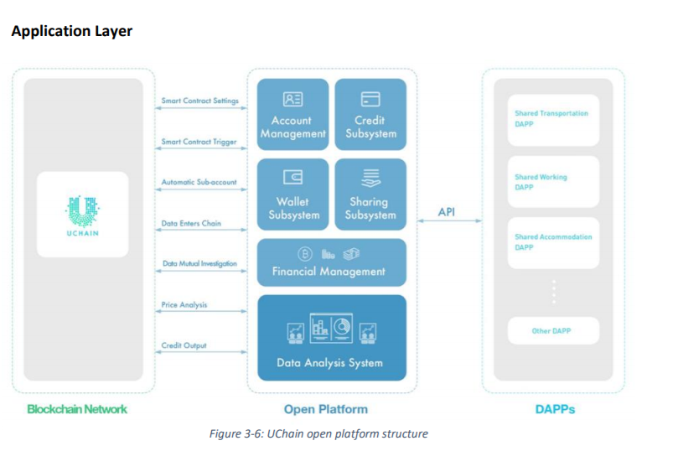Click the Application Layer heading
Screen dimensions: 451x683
[72, 31]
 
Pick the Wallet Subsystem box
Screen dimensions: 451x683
[292, 195]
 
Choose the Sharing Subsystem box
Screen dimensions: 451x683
[370, 195]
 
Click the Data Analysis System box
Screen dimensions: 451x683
[331, 337]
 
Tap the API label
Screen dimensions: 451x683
[447, 212]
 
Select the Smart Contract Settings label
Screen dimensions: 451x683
[199, 101]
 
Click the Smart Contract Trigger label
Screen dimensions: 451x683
[199, 142]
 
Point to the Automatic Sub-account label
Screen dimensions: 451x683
[199, 182]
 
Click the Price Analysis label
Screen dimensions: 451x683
[184, 304]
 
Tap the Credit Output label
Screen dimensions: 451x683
[184, 345]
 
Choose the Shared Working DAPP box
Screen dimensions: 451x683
[554, 182]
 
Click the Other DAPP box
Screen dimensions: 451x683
[554, 331]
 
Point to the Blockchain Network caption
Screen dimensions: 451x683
[77, 409]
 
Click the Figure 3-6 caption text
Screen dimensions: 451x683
[318, 433]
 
